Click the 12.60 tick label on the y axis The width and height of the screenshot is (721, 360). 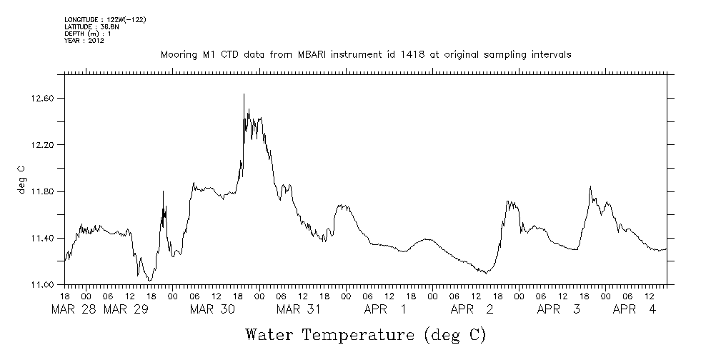(x=43, y=98)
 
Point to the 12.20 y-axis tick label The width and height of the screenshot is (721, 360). (x=43, y=145)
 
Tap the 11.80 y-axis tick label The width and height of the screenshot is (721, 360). (x=43, y=192)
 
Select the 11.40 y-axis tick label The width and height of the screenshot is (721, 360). (x=43, y=239)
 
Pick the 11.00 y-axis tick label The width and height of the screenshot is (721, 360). (x=43, y=285)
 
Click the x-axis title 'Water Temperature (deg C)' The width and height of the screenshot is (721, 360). (x=365, y=334)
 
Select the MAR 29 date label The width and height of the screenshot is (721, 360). (x=126, y=309)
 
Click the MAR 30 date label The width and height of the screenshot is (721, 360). (x=212, y=309)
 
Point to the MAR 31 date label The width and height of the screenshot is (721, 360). (x=299, y=309)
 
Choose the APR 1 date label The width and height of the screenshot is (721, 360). (x=385, y=309)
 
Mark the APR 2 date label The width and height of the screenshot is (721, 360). (x=472, y=309)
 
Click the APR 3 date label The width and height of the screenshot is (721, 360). (x=558, y=309)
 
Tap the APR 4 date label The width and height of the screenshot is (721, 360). (x=635, y=309)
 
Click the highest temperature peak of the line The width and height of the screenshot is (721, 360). (x=244, y=94)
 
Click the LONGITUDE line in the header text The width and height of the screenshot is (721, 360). (x=105, y=19)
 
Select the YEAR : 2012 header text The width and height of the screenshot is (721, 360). (x=84, y=41)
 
